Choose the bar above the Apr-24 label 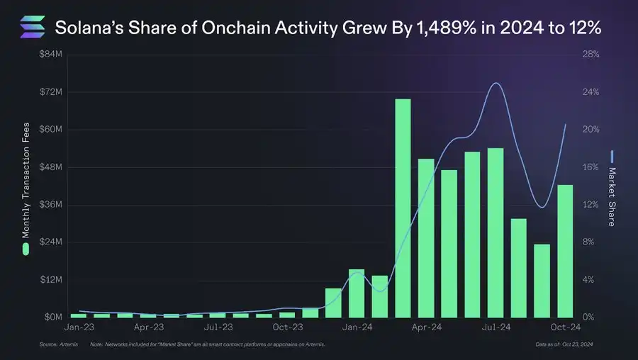pos(426,238)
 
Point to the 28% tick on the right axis pos(591,55)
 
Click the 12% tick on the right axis pos(591,205)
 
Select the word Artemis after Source pos(69,345)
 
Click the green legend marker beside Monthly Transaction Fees pos(26,249)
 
